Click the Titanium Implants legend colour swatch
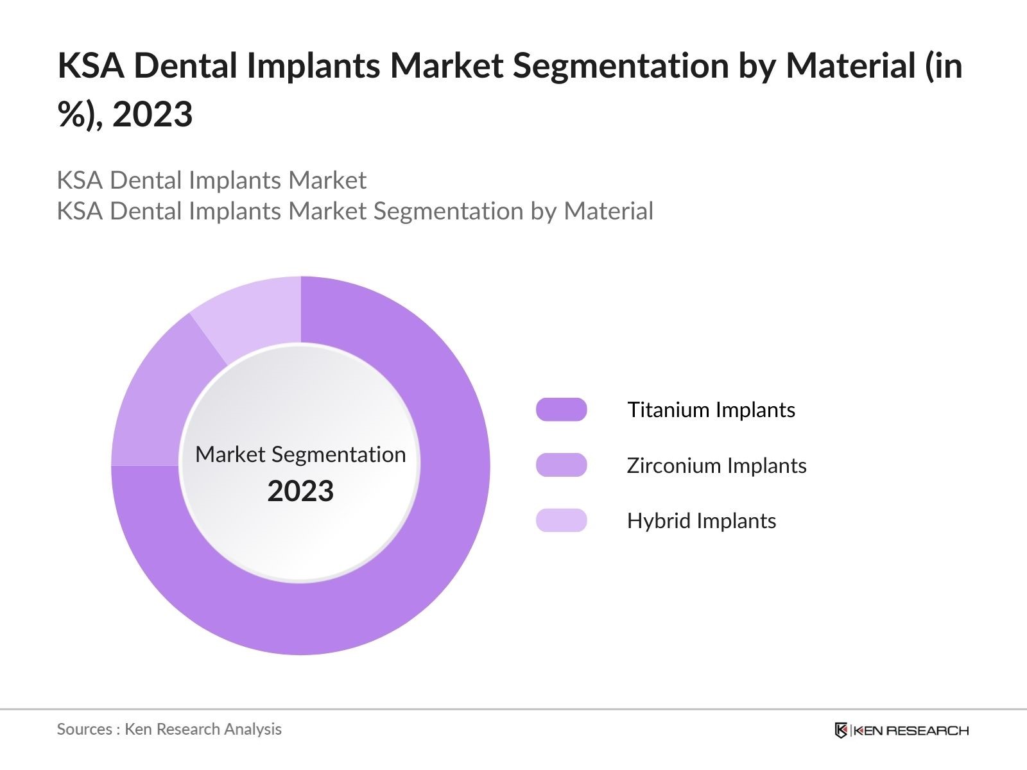click(561, 409)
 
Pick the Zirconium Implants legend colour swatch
click(561, 465)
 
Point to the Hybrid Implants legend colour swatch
click(561, 520)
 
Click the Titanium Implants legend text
click(711, 409)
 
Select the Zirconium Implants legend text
click(716, 465)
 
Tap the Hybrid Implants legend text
click(702, 520)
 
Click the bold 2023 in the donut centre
click(300, 492)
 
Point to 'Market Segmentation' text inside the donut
click(300, 454)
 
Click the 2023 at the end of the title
click(153, 115)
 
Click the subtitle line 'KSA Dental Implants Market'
click(211, 180)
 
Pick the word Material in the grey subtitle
click(608, 211)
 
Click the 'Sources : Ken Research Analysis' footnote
click(169, 729)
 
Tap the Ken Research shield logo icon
click(841, 730)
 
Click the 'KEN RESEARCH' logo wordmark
click(911, 730)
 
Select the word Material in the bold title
click(852, 65)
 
